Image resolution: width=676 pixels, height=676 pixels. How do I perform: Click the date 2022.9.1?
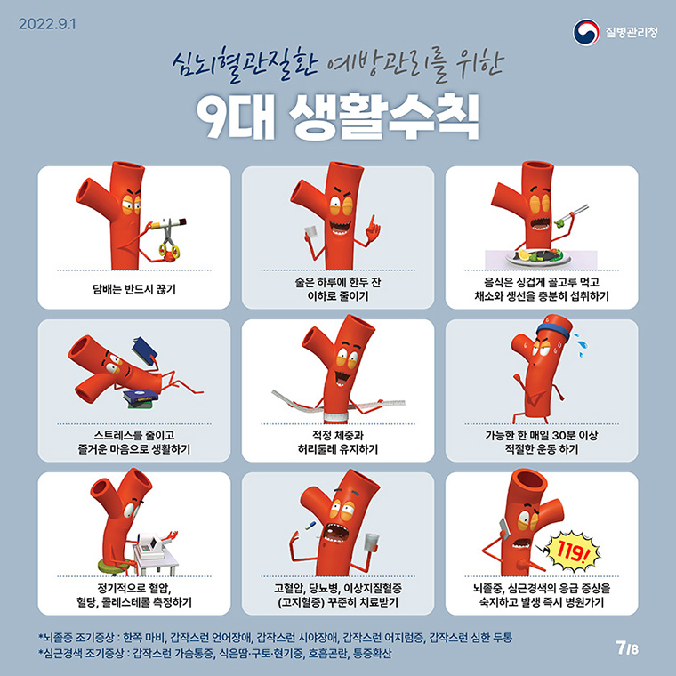(x=46, y=24)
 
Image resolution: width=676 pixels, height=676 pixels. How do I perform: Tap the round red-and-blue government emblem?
(x=586, y=32)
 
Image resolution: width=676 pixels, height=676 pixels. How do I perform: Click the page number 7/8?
(x=627, y=648)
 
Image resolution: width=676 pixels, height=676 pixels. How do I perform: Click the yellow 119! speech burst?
(x=572, y=550)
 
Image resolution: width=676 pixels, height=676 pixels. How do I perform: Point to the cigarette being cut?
(x=169, y=224)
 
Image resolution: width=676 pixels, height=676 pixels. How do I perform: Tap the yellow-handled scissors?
(x=169, y=240)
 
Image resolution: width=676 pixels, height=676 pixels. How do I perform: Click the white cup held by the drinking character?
(x=310, y=232)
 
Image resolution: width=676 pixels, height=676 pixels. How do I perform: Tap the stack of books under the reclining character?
(x=140, y=398)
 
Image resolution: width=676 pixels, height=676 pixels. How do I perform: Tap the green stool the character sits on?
(x=113, y=566)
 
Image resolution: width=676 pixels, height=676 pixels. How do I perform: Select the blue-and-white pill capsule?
(x=310, y=525)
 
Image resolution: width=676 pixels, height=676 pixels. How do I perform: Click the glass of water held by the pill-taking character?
(x=371, y=542)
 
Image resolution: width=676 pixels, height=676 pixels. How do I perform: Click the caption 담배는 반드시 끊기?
(x=134, y=289)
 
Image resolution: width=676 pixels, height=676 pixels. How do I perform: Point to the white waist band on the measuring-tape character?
(x=336, y=417)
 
